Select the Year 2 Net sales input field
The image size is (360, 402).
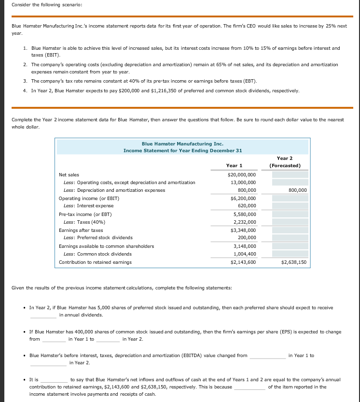[289, 174]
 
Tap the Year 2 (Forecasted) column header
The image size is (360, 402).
[285, 162]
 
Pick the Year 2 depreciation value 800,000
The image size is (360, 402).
[297, 190]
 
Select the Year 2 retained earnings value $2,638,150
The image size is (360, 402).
[293, 262]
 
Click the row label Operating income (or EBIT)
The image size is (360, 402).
[89, 198]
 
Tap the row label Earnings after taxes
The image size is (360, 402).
[81, 230]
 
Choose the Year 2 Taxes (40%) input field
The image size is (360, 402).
[289, 222]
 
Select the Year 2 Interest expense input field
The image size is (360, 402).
[289, 206]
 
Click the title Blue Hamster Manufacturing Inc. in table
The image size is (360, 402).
[182, 144]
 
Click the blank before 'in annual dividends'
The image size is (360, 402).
[43, 315]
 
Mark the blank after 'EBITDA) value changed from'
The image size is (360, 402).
[267, 356]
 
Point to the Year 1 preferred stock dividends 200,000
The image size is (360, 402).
[247, 238]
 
